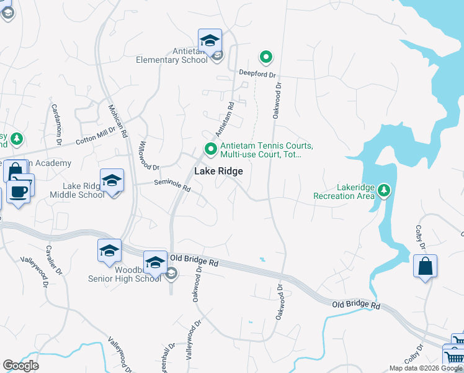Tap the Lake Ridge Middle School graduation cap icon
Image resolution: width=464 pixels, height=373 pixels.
[x=112, y=180]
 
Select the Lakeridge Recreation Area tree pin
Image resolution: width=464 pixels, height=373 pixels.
[x=384, y=190]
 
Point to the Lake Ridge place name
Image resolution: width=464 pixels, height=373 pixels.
[x=218, y=171]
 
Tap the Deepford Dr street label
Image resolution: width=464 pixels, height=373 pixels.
[x=257, y=73]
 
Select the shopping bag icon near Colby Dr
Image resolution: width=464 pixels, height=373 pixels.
[x=425, y=266]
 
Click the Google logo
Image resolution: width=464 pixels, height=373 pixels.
[x=20, y=366]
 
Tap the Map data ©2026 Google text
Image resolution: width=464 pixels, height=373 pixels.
[x=425, y=368]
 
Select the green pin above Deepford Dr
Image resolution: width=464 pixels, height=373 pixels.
[x=266, y=58]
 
